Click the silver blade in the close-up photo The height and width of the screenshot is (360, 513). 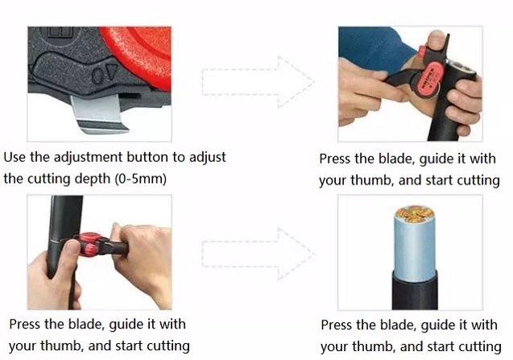(98, 114)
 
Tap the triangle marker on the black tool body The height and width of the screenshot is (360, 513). (111, 71)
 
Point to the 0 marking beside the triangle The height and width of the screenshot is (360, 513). (97, 76)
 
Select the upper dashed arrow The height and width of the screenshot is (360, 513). (259, 82)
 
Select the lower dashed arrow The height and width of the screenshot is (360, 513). (259, 254)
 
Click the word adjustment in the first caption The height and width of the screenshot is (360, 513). (89, 158)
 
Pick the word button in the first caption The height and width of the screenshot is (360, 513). (147, 157)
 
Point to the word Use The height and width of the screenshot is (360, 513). (14, 157)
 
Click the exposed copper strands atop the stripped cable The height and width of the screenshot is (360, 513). (414, 214)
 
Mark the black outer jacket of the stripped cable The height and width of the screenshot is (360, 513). (415, 291)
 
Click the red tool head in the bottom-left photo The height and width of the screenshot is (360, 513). (88, 244)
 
